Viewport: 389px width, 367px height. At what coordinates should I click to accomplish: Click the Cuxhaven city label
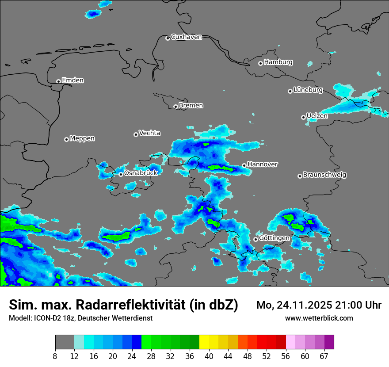click(186, 37)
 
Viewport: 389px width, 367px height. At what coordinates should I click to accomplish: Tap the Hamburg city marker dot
click(260, 63)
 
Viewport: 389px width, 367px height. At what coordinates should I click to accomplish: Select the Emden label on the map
click(72, 80)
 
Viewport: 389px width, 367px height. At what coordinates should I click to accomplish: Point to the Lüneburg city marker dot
click(290, 91)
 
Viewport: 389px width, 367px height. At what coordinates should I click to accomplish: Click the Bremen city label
click(191, 106)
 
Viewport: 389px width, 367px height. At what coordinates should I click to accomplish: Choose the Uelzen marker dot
click(303, 117)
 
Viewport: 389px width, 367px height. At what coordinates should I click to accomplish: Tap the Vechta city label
click(149, 133)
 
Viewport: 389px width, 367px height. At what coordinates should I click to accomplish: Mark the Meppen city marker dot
click(66, 139)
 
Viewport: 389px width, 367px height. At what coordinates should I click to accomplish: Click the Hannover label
click(263, 164)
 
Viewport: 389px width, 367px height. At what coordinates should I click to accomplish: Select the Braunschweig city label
click(324, 175)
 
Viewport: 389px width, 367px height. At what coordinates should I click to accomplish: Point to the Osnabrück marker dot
click(121, 174)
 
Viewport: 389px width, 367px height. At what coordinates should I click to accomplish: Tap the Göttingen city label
click(274, 238)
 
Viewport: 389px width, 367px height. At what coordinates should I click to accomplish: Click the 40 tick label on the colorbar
click(209, 356)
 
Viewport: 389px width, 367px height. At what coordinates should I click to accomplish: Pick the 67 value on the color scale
click(324, 356)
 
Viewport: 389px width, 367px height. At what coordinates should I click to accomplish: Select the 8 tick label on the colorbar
click(55, 356)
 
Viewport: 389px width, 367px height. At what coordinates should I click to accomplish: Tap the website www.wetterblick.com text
click(319, 318)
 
